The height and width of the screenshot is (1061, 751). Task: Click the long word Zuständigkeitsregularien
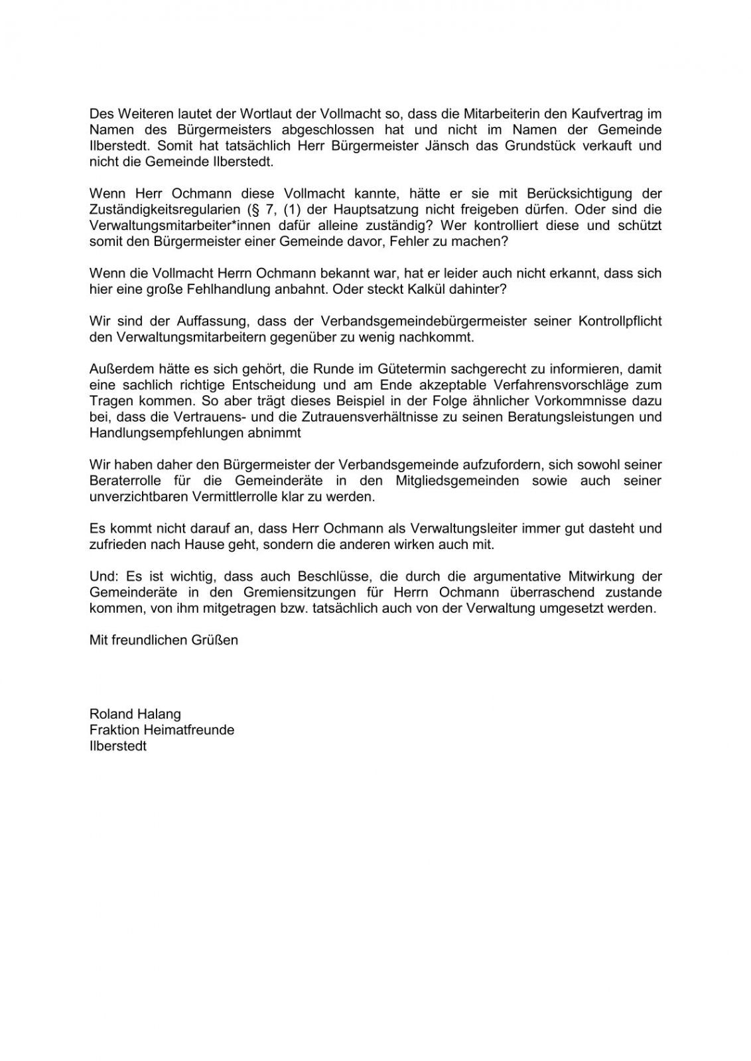164,210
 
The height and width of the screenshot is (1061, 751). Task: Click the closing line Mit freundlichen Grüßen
164,640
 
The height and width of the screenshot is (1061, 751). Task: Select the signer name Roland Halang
135,714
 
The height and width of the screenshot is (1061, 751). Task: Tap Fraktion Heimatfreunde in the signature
162,730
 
